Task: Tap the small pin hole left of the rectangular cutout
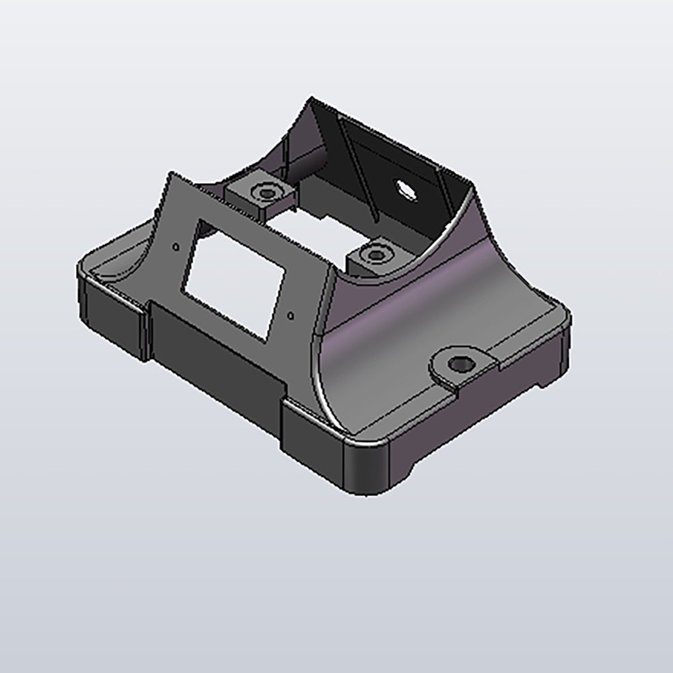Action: click(176, 246)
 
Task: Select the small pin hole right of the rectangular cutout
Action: click(291, 314)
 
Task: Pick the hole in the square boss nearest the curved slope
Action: click(373, 254)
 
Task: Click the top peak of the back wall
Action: click(312, 101)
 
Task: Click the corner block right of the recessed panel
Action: click(313, 431)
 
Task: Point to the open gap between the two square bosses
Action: click(316, 225)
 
